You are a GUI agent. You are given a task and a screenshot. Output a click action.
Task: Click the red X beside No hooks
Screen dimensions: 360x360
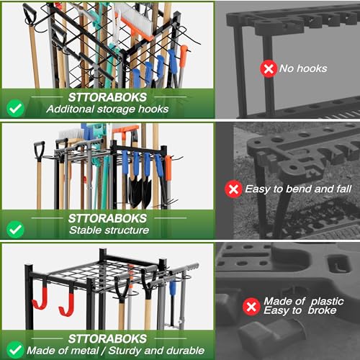click(x=268, y=69)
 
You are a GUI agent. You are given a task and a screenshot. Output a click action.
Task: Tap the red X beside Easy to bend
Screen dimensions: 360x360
click(x=233, y=189)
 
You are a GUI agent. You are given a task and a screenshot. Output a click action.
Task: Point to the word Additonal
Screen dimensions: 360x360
click(x=71, y=109)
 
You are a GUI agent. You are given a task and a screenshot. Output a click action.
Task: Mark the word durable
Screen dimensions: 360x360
click(x=188, y=351)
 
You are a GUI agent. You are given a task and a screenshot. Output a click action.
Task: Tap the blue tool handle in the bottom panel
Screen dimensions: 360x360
click(x=171, y=288)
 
